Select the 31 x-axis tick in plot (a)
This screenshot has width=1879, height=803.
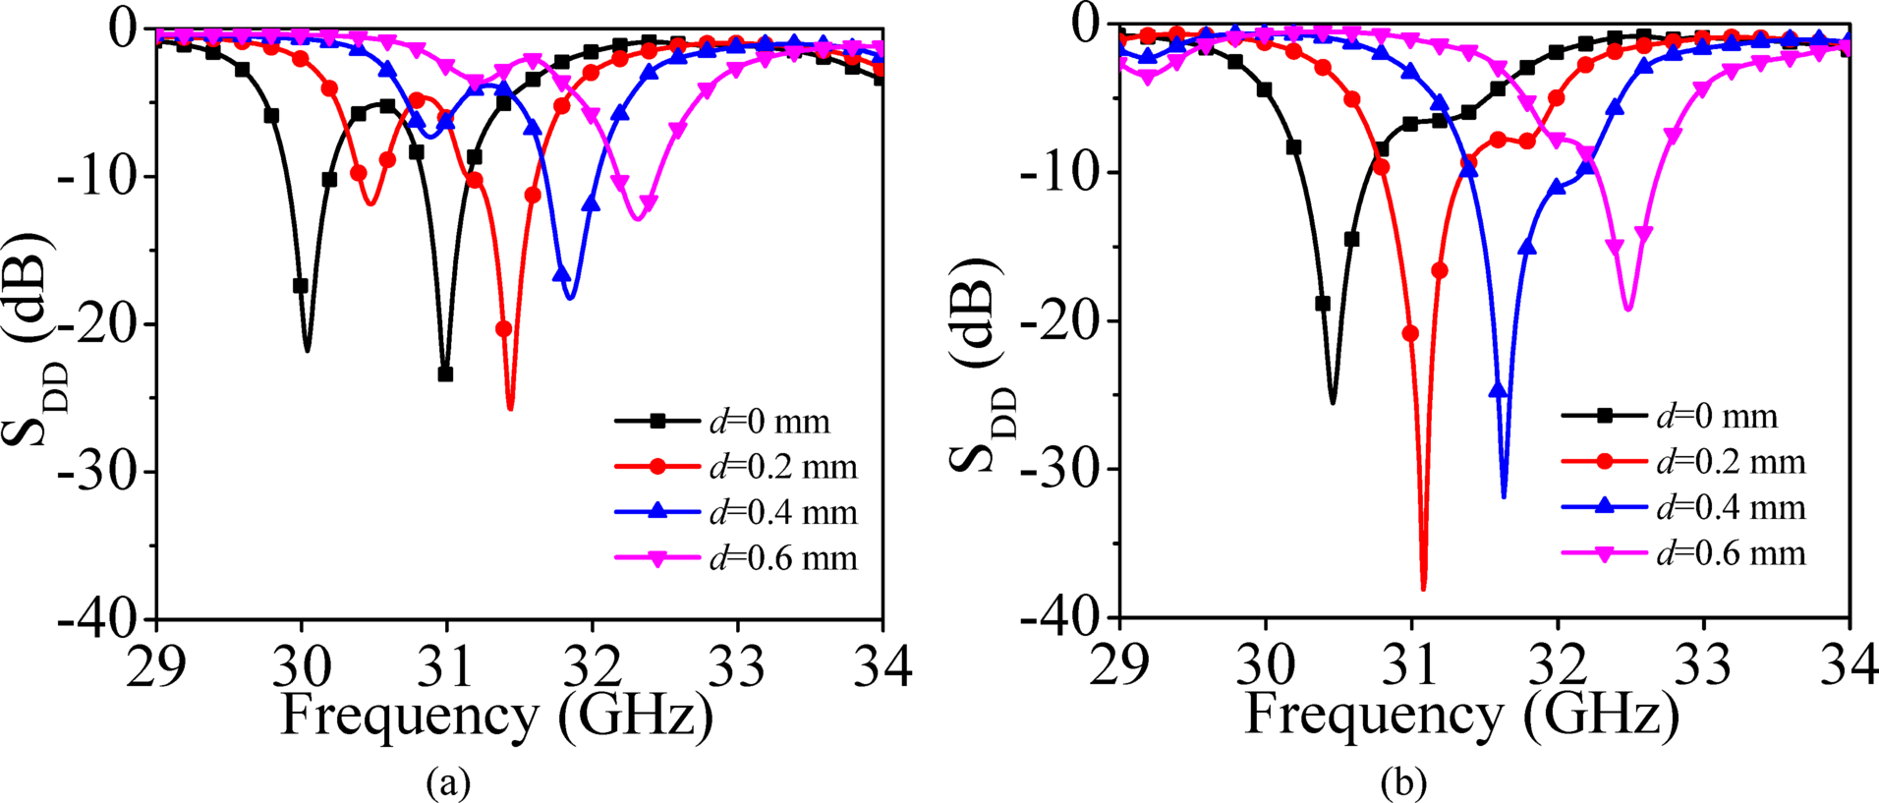click(x=446, y=665)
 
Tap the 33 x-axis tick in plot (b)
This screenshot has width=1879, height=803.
click(x=1703, y=665)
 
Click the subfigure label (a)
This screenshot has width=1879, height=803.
click(x=448, y=782)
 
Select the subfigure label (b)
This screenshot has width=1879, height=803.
click(x=1403, y=782)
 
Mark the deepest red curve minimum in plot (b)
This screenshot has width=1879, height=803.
click(x=1423, y=589)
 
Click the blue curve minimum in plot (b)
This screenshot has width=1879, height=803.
click(x=1504, y=496)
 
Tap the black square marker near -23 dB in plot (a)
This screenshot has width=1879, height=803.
click(x=445, y=374)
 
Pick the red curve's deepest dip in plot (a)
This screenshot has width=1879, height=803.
click(x=510, y=408)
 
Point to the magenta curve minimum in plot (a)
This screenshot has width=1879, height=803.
click(x=637, y=219)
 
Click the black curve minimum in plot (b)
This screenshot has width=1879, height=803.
click(x=1333, y=402)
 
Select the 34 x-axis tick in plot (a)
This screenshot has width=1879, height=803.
click(x=882, y=665)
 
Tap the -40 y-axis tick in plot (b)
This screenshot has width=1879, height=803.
click(x=1057, y=617)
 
